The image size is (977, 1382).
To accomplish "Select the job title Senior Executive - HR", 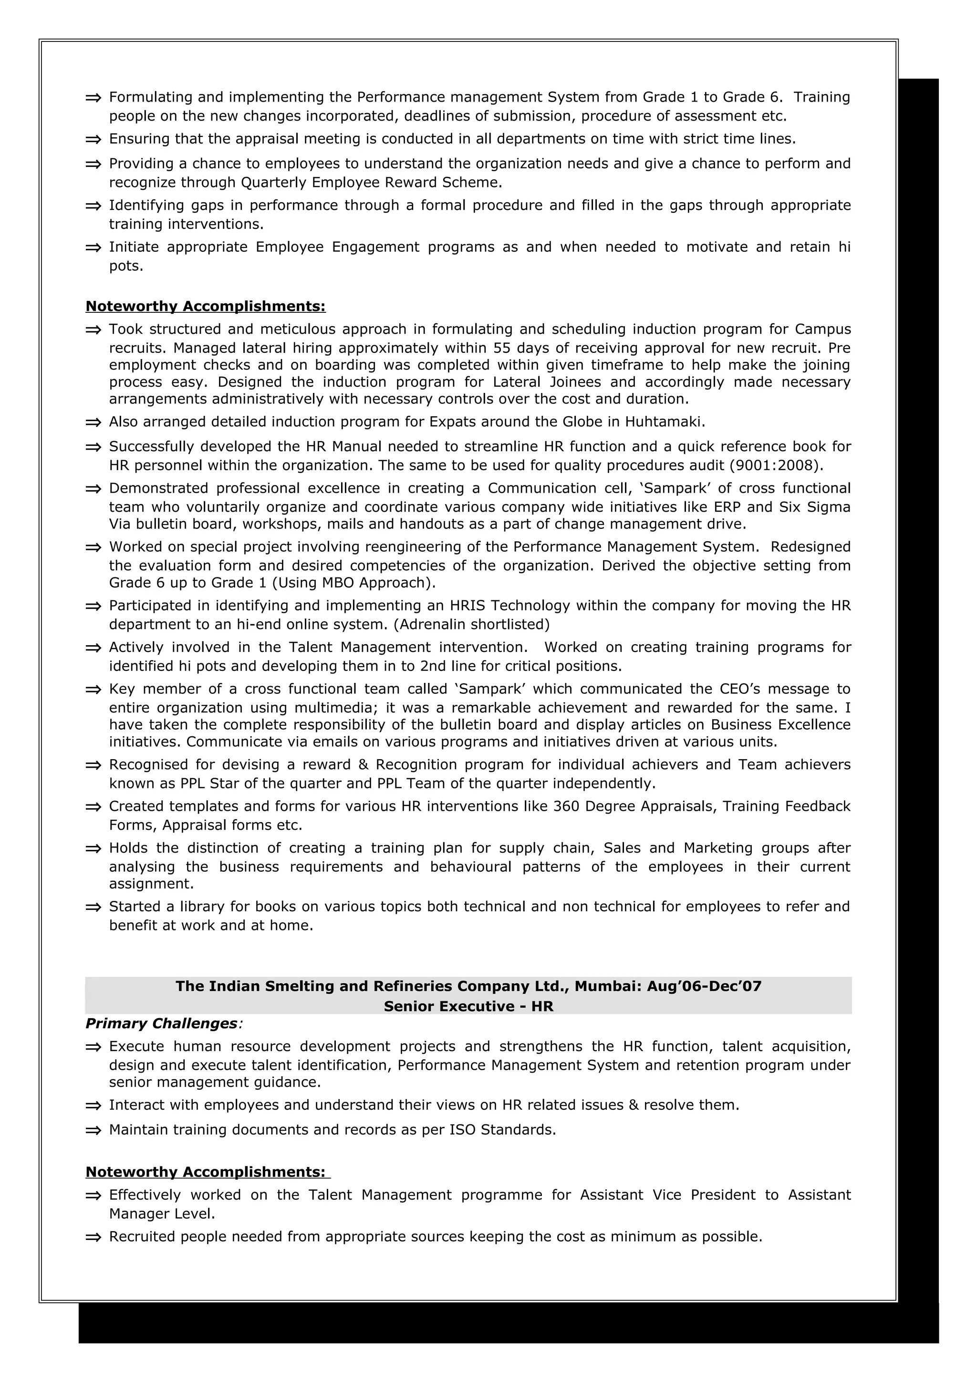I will pyautogui.click(x=468, y=1006).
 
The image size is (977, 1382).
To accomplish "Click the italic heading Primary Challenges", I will pyautogui.click(x=161, y=1023).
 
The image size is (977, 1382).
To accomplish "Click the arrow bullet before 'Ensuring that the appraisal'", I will pyautogui.click(x=94, y=140).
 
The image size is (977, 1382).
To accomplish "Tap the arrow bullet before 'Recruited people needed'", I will pyautogui.click(x=94, y=1238).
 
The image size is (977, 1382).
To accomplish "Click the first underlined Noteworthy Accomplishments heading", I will pyautogui.click(x=205, y=306).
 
